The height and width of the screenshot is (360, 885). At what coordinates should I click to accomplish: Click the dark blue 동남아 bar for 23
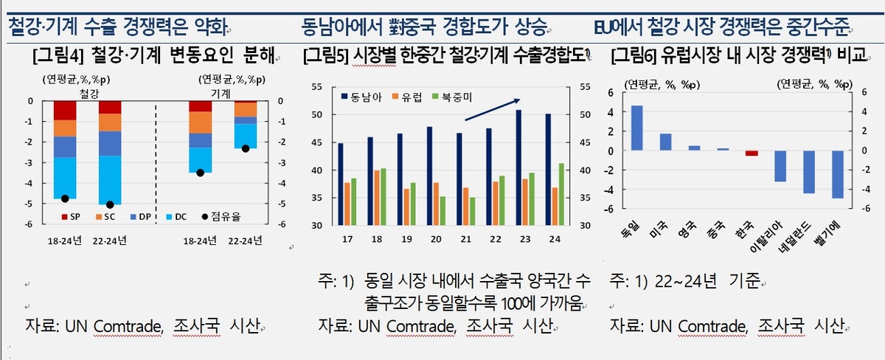click(x=518, y=167)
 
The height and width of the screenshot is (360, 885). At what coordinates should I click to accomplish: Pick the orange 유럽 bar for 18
click(x=377, y=198)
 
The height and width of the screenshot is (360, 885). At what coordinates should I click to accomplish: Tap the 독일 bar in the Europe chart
click(x=636, y=128)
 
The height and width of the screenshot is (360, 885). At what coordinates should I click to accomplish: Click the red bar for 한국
click(x=751, y=153)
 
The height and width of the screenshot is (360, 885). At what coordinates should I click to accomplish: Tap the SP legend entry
click(x=71, y=217)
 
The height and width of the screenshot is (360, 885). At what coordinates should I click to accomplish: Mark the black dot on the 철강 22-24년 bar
click(x=110, y=204)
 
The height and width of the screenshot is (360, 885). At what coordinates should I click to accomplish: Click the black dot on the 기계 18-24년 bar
click(x=200, y=173)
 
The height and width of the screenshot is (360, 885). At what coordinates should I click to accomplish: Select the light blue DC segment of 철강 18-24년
click(x=65, y=178)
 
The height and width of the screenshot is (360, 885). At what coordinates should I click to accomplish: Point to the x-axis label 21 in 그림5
click(x=465, y=239)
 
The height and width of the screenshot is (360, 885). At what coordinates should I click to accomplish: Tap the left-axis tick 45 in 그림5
click(x=318, y=142)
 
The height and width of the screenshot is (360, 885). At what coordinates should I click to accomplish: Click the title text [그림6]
click(x=635, y=55)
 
